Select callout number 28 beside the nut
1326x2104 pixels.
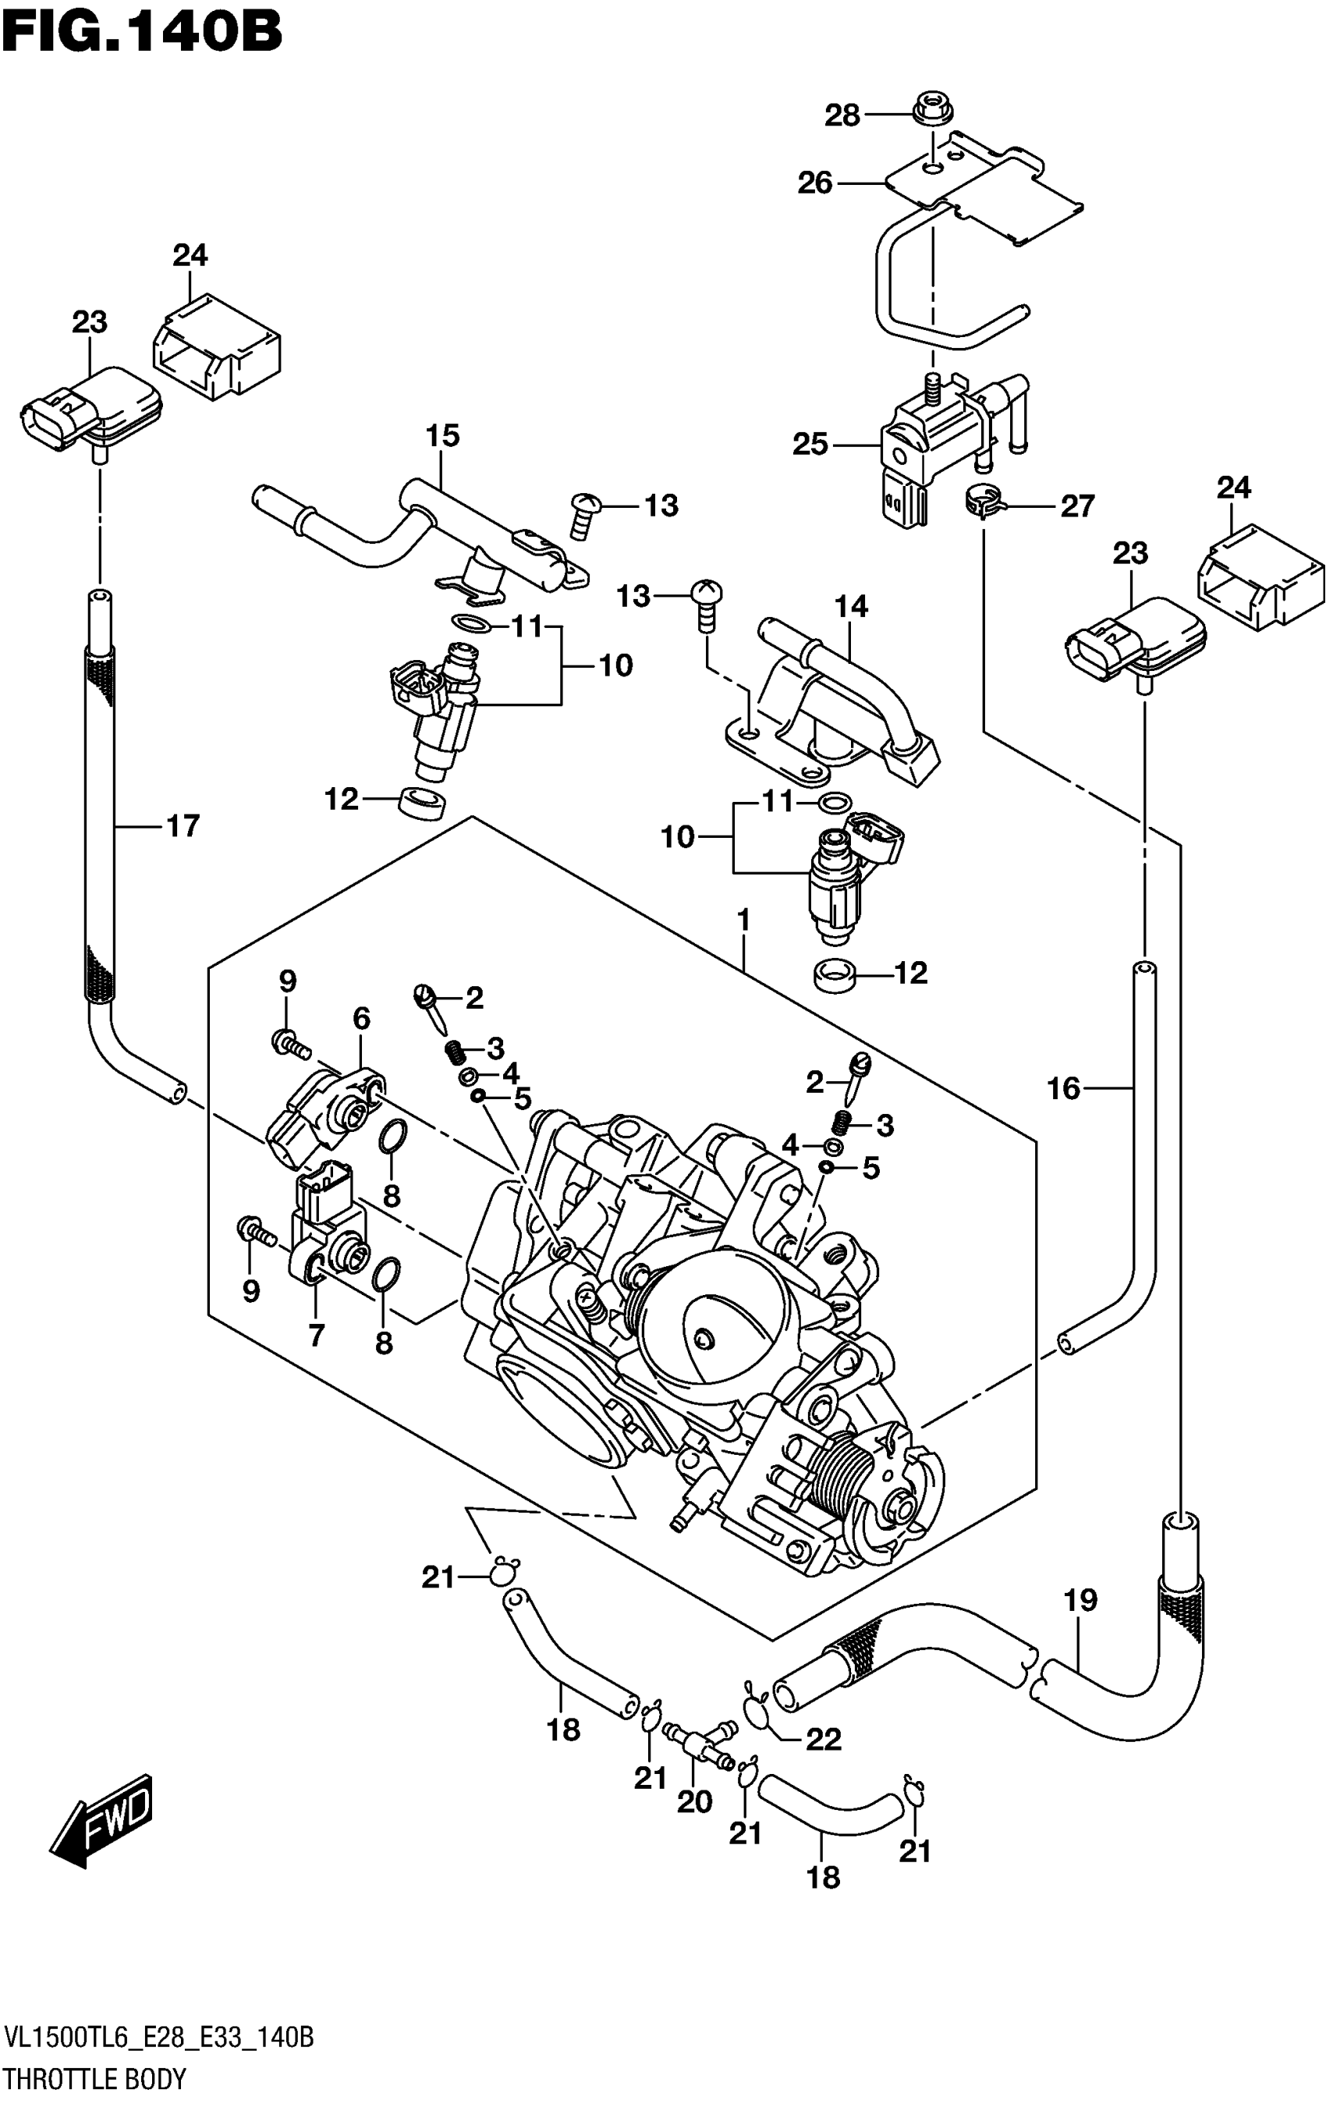pyautogui.click(x=842, y=115)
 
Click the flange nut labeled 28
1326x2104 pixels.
pyautogui.click(x=933, y=110)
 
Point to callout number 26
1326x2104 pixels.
pyautogui.click(x=814, y=183)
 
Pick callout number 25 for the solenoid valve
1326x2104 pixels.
pyautogui.click(x=809, y=444)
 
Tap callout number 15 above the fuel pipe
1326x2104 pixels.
pyautogui.click(x=443, y=435)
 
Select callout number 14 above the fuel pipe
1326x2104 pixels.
pyautogui.click(x=852, y=605)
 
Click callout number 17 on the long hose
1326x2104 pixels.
pyautogui.click(x=183, y=825)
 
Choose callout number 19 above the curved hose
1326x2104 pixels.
pyautogui.click(x=1080, y=1600)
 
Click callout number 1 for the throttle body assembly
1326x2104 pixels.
pyautogui.click(x=743, y=920)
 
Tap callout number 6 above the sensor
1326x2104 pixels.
pyautogui.click(x=362, y=1018)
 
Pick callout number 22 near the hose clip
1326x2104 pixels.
pyautogui.click(x=823, y=1739)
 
